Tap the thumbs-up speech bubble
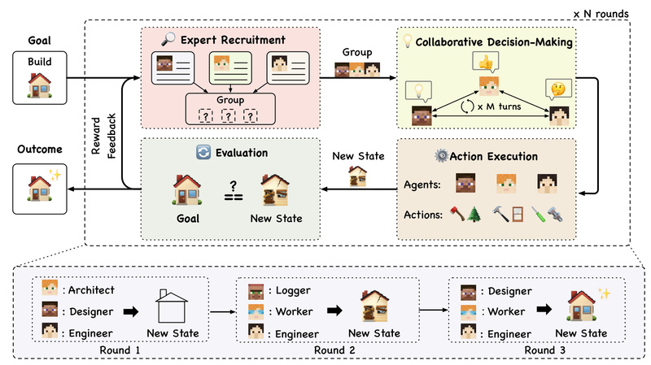pyautogui.click(x=487, y=63)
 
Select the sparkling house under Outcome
pyautogui.click(x=37, y=189)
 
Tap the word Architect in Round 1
pyautogui.click(x=91, y=289)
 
